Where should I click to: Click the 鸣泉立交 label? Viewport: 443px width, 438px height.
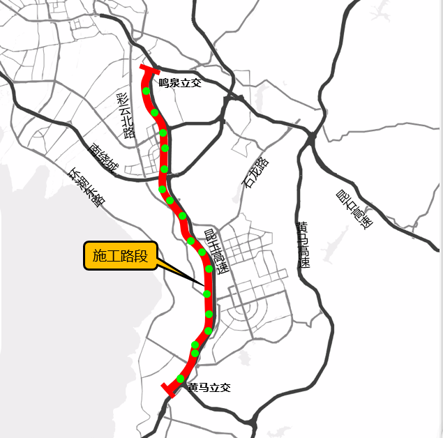point(179,83)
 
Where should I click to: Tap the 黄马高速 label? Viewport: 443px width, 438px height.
point(303,245)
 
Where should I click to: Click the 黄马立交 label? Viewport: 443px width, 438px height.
point(209,387)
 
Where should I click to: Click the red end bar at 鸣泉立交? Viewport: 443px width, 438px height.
point(151,69)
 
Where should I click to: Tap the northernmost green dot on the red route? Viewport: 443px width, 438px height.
point(145,91)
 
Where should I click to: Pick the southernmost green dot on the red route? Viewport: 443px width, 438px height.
point(180,379)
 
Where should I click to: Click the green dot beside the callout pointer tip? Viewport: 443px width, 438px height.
point(207,294)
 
